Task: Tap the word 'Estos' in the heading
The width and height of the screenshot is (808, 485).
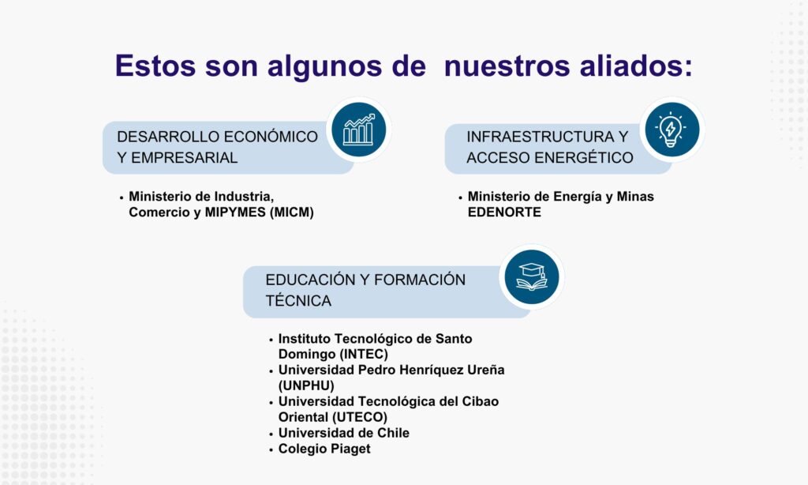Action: pos(155,66)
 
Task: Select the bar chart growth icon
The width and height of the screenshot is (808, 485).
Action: pos(359,130)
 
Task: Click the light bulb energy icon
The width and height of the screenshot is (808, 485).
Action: pos(672,130)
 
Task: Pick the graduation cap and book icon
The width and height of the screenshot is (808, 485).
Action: pos(531,276)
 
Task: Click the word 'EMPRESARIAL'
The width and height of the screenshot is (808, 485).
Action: pos(185,157)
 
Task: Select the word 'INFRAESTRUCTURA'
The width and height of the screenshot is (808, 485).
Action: pos(541,137)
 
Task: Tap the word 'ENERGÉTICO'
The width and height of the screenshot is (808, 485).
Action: pos(583,157)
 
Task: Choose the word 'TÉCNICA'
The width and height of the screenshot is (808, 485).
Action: pos(298,300)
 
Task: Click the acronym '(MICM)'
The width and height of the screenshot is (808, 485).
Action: pos(292,212)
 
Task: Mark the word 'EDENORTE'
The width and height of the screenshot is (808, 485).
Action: pos(504,212)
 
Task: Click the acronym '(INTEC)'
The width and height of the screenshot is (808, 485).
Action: pos(364,355)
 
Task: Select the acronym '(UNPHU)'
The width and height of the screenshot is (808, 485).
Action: pos(306,386)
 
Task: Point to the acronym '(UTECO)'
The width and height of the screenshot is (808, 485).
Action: pos(360,417)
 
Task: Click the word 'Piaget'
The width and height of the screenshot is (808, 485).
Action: pos(350,449)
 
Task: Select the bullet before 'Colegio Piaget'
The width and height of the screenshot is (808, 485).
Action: pos(271,450)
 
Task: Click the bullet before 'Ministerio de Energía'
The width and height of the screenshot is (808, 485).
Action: pos(460,197)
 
